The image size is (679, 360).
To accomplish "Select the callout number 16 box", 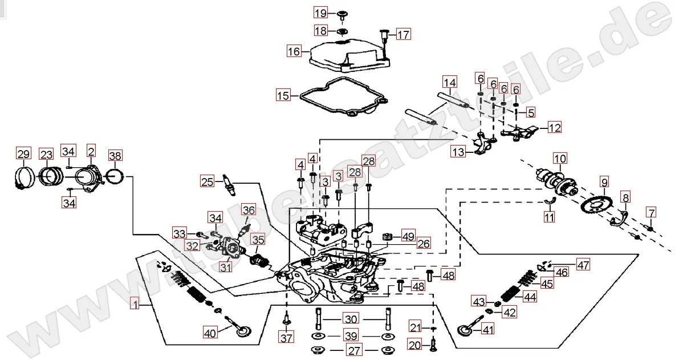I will click(294, 51).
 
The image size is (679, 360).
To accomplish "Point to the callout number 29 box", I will click(23, 153).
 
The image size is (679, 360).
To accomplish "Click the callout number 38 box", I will click(115, 155).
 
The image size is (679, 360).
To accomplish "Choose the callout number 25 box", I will click(207, 182).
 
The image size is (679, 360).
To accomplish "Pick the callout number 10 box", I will click(559, 157).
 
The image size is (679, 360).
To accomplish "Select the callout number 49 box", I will click(408, 236).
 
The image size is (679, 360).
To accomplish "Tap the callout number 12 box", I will click(555, 127).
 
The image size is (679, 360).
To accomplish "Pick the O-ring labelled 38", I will click(116, 176).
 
